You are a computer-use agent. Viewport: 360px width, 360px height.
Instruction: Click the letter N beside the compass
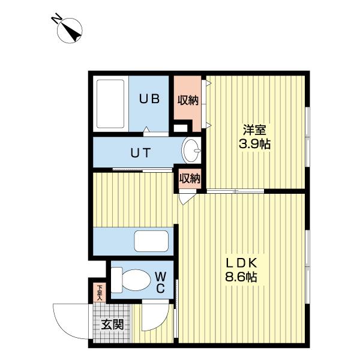pyautogui.click(x=56, y=19)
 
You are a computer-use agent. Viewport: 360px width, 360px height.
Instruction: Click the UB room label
pyautogui.click(x=149, y=99)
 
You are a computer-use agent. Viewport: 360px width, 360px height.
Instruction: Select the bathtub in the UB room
pyautogui.click(x=110, y=104)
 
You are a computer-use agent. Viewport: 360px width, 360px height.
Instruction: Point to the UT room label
pyautogui.click(x=141, y=152)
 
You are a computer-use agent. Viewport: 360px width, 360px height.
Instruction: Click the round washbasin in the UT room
pyautogui.click(x=191, y=151)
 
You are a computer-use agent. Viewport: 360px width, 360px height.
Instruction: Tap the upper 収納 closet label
pyautogui.click(x=188, y=100)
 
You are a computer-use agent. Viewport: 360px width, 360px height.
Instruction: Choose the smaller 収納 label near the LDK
pyautogui.click(x=190, y=178)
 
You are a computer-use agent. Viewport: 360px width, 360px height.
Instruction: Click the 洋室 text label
pyautogui.click(x=254, y=130)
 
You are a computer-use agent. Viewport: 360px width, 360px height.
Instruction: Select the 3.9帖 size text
pyautogui.click(x=254, y=144)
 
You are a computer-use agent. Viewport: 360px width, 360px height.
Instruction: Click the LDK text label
pyautogui.click(x=241, y=263)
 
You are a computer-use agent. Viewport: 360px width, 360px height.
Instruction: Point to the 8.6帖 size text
pyautogui.click(x=241, y=277)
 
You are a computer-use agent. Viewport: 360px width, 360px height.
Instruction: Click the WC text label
pyautogui.click(x=160, y=283)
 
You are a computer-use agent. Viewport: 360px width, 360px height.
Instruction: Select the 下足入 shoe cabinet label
pyautogui.click(x=100, y=293)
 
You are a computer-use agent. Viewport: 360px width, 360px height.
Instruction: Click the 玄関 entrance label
pyautogui.click(x=113, y=325)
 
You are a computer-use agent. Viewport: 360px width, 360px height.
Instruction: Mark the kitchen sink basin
pyautogui.click(x=151, y=241)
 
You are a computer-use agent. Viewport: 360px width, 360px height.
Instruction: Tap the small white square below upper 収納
pyautogui.click(x=181, y=128)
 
